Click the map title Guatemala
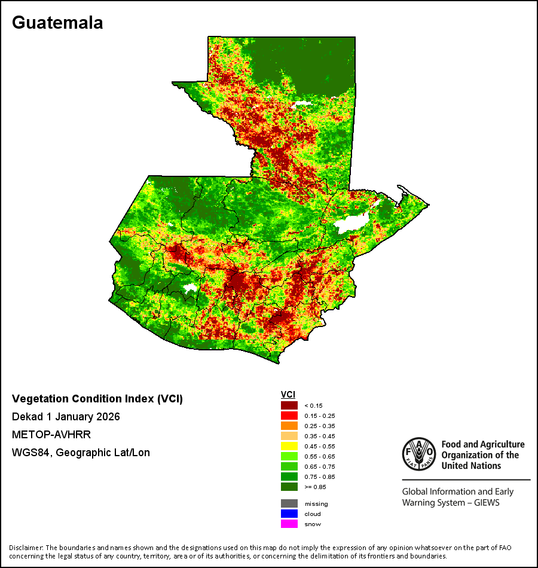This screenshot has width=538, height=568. click(x=57, y=23)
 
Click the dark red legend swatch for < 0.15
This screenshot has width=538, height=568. click(x=289, y=405)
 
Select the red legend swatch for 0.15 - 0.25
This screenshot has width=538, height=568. click(x=289, y=416)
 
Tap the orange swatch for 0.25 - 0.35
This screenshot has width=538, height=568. click(x=289, y=426)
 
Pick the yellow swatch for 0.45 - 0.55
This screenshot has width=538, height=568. click(x=289, y=446)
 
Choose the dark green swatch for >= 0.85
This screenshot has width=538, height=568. click(x=289, y=487)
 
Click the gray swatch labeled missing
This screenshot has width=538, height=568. click(x=289, y=503)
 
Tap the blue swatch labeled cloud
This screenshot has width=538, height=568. click(x=289, y=514)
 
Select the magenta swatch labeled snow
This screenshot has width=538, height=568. click(x=289, y=524)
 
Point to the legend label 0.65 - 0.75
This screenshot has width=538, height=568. click(x=320, y=466)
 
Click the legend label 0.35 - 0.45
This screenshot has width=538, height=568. click(x=320, y=436)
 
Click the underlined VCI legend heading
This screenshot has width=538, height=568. click(x=288, y=395)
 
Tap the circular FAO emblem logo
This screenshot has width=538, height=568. click(x=419, y=454)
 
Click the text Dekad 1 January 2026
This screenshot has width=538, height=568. click(x=66, y=417)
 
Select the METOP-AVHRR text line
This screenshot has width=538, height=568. click(x=51, y=434)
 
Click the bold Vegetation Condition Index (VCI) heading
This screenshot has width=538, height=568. click(x=97, y=398)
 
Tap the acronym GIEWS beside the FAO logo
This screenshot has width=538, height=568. click(x=487, y=503)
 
